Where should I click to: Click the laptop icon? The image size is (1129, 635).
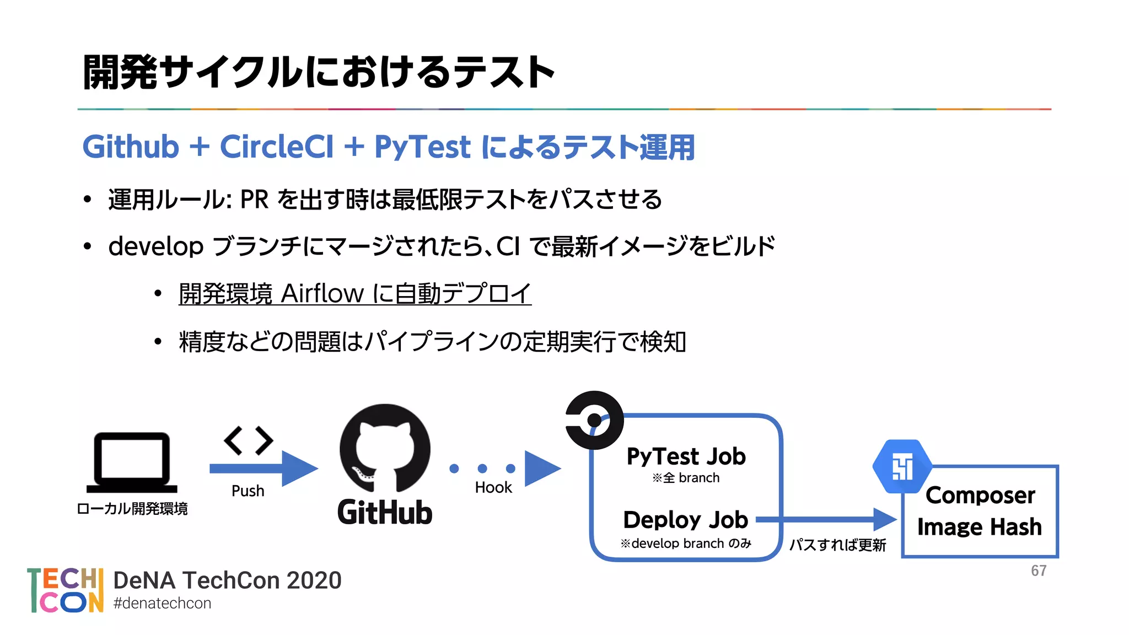click(x=132, y=462)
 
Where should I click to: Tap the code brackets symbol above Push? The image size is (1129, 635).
click(x=249, y=440)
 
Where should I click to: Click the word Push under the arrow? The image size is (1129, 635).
click(x=248, y=491)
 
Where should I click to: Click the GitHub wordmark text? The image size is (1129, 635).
click(x=385, y=513)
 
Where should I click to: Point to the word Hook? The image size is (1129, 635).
click(x=493, y=487)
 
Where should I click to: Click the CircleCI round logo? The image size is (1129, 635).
click(x=594, y=420)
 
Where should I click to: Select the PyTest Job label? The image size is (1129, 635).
click(x=686, y=456)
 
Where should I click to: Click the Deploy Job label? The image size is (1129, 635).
click(x=685, y=520)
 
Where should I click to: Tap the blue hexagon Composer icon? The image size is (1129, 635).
click(x=902, y=466)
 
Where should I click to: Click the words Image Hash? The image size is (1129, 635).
click(x=980, y=527)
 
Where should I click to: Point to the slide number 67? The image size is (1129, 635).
click(x=1039, y=571)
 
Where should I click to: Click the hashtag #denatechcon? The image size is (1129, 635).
click(x=162, y=603)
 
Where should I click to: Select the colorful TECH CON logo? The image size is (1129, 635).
click(x=65, y=590)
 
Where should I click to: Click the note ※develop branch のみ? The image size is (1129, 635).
click(x=686, y=543)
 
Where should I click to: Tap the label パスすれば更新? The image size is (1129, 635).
click(x=837, y=545)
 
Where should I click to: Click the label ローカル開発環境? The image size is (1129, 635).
click(x=132, y=508)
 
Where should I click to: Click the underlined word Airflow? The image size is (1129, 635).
click(x=322, y=293)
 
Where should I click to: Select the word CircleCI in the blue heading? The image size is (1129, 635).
click(x=277, y=147)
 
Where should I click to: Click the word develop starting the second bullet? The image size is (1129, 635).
click(x=156, y=246)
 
